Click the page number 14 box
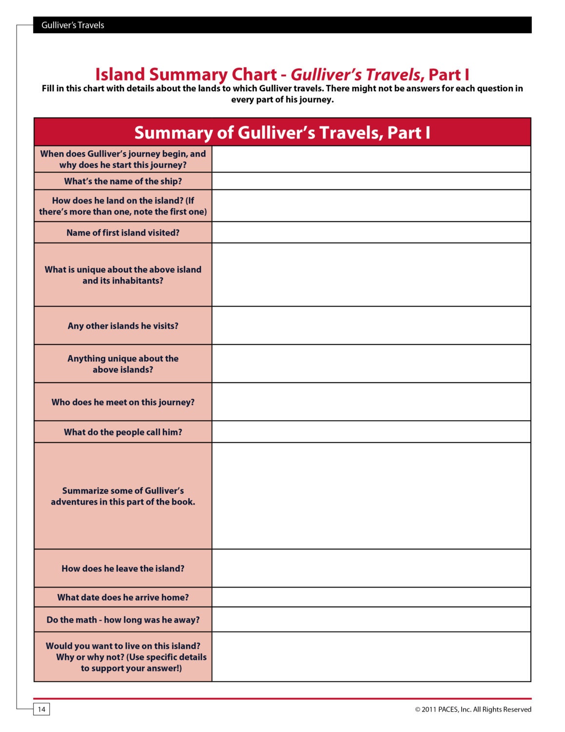point(41,709)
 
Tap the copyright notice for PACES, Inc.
point(473,709)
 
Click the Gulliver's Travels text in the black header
point(73,25)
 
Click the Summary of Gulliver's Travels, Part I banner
point(282,132)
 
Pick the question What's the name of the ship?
point(123,181)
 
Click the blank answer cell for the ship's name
point(371,181)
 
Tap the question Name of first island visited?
point(123,233)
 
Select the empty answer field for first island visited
point(371,233)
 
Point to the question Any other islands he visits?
point(123,325)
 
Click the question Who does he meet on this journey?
point(123,402)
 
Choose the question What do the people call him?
point(123,432)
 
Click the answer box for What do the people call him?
point(371,432)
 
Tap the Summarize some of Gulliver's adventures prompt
point(123,496)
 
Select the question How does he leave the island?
point(123,569)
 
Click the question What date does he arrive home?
point(123,597)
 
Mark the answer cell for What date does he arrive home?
point(371,597)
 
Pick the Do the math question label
point(123,620)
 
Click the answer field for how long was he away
point(371,620)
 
